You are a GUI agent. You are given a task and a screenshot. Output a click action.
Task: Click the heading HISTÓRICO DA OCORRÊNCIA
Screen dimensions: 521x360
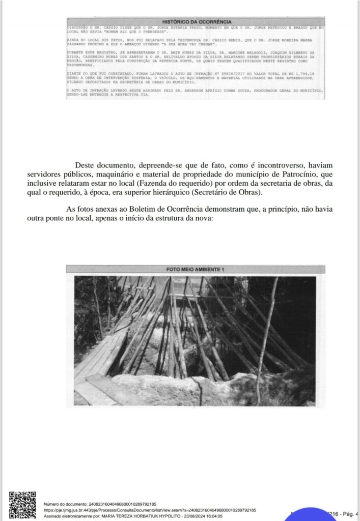[x=196, y=22]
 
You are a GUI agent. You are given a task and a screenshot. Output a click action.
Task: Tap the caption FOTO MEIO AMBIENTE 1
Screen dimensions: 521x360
[x=195, y=269]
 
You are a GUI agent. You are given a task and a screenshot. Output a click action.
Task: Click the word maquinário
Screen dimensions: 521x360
[x=121, y=174]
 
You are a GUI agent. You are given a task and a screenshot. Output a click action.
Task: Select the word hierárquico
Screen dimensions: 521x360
[x=197, y=192]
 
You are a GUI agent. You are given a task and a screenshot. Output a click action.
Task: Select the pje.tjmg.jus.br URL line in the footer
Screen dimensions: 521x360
[x=150, y=509]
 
